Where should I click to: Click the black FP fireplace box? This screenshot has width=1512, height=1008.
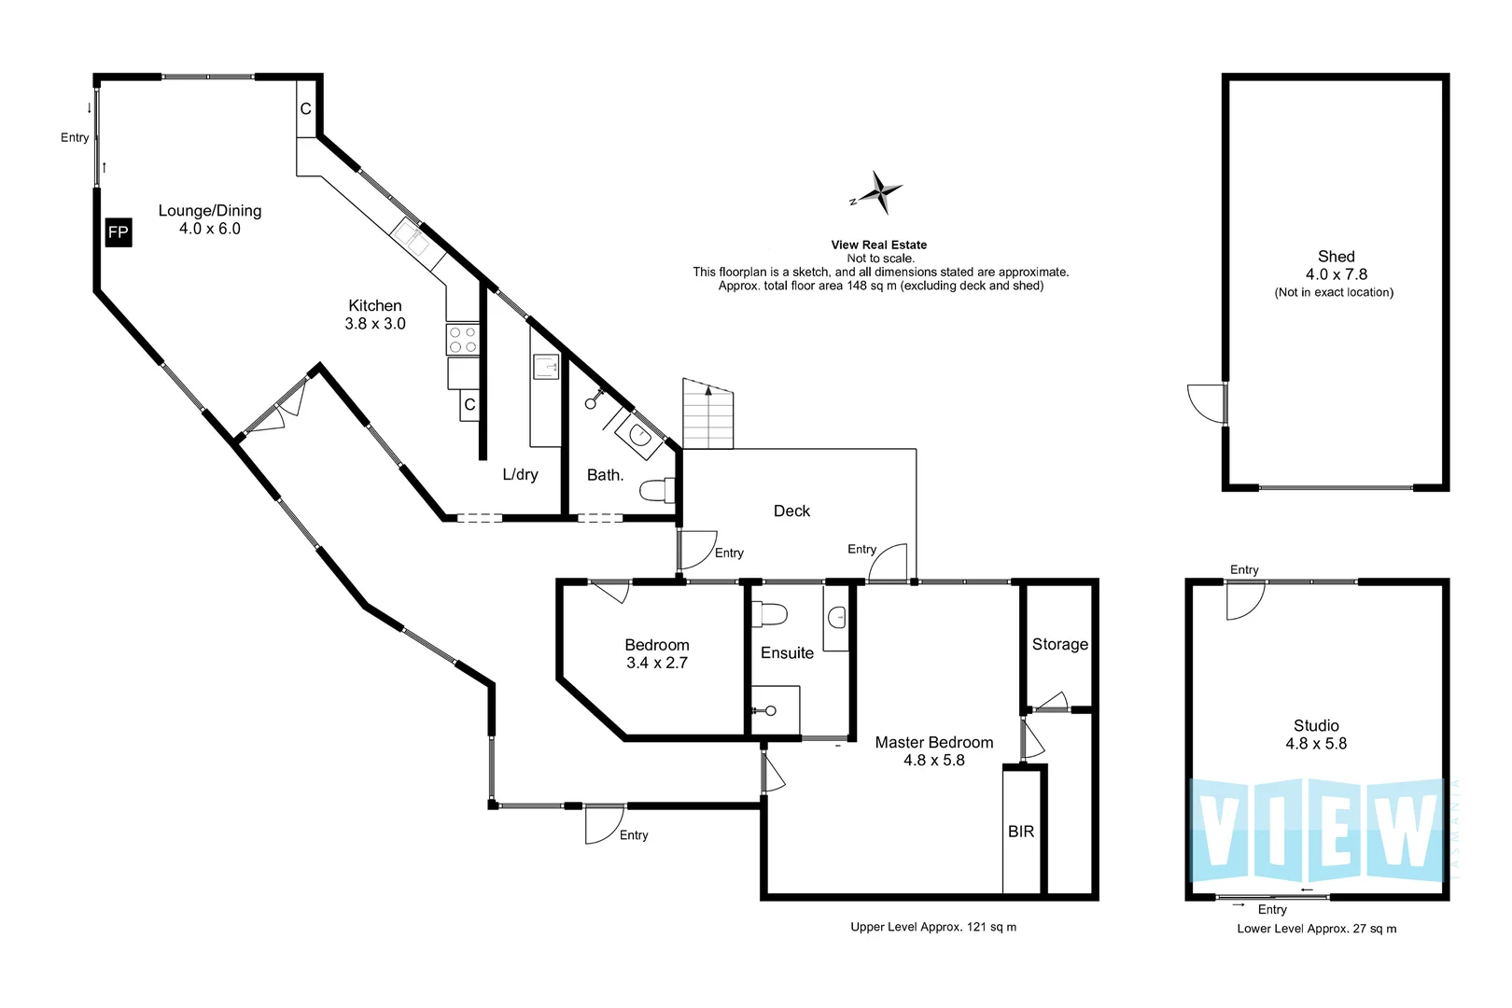pyautogui.click(x=119, y=232)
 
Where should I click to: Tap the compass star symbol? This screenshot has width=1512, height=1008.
pyautogui.click(x=878, y=192)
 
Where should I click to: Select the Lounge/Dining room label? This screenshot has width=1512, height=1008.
pyautogui.click(x=210, y=211)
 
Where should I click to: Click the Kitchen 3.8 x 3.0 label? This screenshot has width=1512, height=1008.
pyautogui.click(x=375, y=315)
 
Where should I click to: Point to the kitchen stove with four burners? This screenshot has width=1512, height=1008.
pyautogui.click(x=462, y=340)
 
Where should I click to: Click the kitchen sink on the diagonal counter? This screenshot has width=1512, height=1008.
pyautogui.click(x=411, y=236)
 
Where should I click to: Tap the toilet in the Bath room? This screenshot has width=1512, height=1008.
pyautogui.click(x=657, y=490)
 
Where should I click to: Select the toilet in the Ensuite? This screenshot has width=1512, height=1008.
pyautogui.click(x=769, y=614)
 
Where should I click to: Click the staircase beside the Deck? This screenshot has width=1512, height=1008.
pyautogui.click(x=707, y=413)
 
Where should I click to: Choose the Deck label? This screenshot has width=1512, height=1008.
pyautogui.click(x=791, y=511)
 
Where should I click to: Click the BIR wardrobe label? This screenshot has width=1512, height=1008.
pyautogui.click(x=1021, y=832)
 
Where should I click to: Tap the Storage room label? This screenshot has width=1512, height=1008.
pyautogui.click(x=1059, y=644)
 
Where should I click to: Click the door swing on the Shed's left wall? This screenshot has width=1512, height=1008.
pyautogui.click(x=1206, y=404)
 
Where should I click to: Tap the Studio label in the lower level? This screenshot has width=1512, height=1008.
pyautogui.click(x=1316, y=726)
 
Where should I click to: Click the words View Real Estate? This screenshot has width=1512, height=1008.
pyautogui.click(x=879, y=245)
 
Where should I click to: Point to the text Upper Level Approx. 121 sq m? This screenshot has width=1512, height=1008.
pyautogui.click(x=933, y=927)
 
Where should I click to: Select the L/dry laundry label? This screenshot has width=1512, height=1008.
pyautogui.click(x=521, y=475)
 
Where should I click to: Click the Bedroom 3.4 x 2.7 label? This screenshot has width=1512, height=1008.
pyautogui.click(x=657, y=653)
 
